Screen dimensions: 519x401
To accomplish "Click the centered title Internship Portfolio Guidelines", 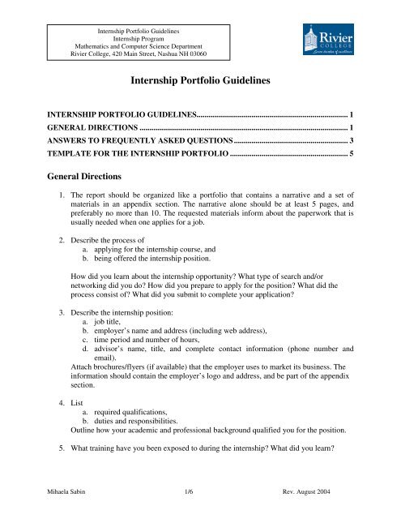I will [x=200, y=82].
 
